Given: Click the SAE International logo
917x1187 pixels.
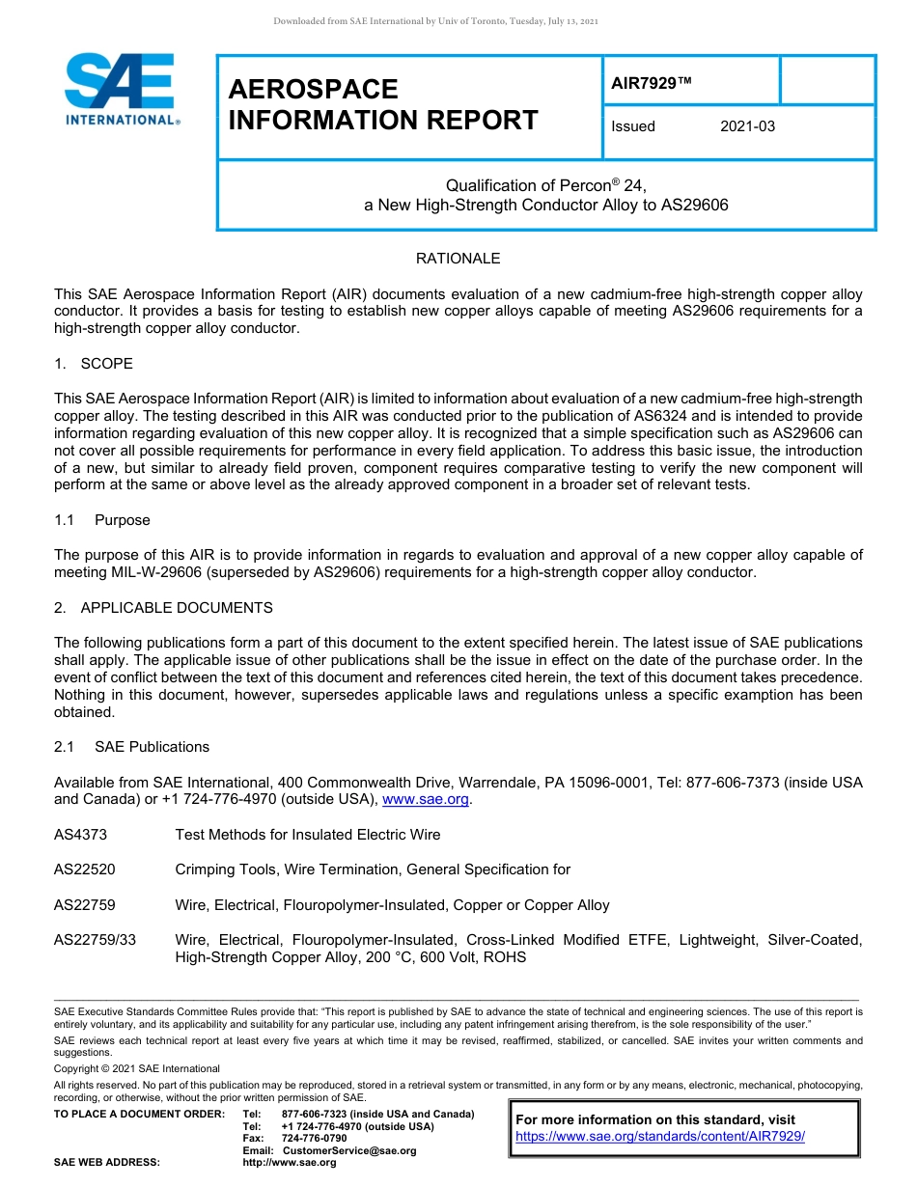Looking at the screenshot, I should (x=121, y=90).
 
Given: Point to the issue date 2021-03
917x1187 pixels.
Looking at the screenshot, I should (x=747, y=126).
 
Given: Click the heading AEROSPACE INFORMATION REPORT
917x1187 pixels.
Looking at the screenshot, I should (x=383, y=104).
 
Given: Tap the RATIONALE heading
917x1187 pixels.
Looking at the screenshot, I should (x=458, y=259).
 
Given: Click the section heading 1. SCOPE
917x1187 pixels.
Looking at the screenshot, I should (x=94, y=364).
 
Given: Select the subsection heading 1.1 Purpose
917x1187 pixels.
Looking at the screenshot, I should (x=102, y=520).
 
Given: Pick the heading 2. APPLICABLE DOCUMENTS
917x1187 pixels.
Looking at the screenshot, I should (x=163, y=608).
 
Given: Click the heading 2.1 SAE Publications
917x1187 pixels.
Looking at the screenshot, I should (x=131, y=747).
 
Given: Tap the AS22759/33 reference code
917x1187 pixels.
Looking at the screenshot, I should (x=95, y=940).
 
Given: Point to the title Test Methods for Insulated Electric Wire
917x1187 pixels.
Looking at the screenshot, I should (x=307, y=835).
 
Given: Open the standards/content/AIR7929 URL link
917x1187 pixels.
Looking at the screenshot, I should (x=660, y=1137).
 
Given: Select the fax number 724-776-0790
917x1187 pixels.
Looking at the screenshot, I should (x=315, y=1139).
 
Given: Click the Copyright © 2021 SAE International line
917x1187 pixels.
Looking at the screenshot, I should (x=137, y=1068).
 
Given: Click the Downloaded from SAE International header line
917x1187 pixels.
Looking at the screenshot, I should (x=436, y=21).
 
